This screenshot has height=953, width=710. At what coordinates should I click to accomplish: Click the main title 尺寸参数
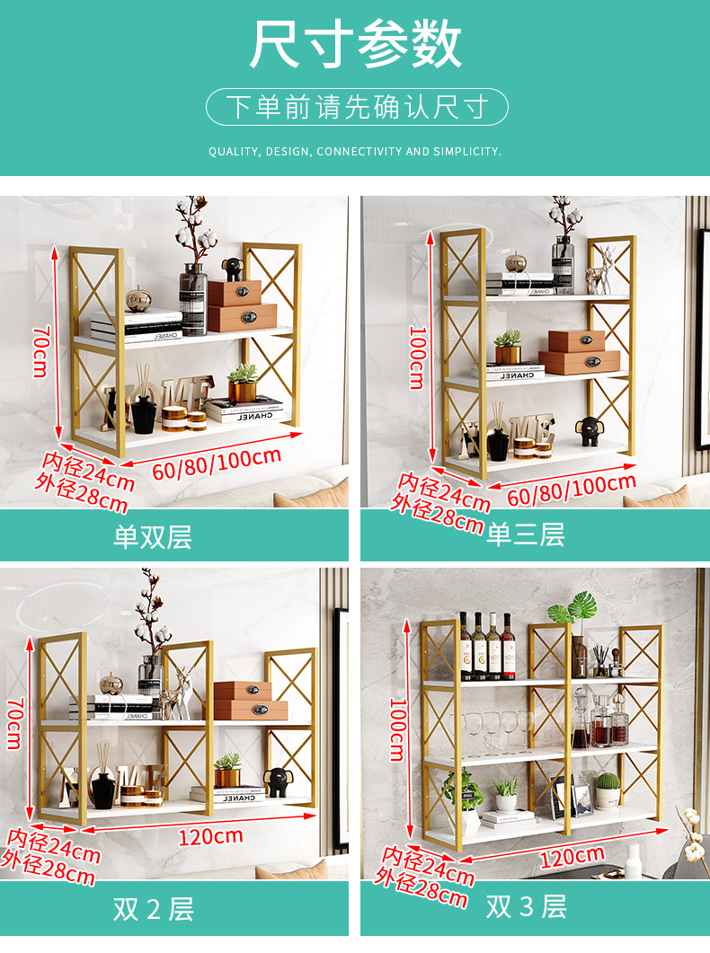(x=356, y=44)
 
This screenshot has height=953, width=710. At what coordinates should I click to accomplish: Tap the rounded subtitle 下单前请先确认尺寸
(x=357, y=107)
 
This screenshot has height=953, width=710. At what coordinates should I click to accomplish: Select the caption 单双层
(x=153, y=536)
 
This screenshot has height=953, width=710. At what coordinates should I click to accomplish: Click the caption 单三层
(x=526, y=534)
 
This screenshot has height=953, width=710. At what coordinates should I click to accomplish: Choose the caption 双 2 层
(x=153, y=909)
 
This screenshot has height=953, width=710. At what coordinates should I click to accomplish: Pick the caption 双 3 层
(x=527, y=907)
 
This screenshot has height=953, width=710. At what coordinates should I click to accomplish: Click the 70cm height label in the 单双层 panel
(x=40, y=351)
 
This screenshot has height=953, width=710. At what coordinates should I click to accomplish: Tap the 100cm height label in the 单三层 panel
(x=417, y=357)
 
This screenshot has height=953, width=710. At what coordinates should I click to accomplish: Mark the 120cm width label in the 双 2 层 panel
(x=210, y=837)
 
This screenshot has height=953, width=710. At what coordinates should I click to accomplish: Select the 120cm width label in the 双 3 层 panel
(x=572, y=857)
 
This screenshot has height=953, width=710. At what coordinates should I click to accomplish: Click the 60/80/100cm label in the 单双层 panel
(x=217, y=463)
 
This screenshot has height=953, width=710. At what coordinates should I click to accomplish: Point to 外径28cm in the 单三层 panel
(x=437, y=514)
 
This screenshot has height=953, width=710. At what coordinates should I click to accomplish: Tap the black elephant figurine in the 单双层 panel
(x=232, y=269)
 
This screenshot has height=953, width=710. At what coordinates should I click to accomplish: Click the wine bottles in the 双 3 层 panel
(x=487, y=646)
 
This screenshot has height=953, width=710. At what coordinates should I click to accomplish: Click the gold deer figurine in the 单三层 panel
(x=600, y=271)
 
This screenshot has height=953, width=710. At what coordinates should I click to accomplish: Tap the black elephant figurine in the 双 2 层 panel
(x=278, y=782)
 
